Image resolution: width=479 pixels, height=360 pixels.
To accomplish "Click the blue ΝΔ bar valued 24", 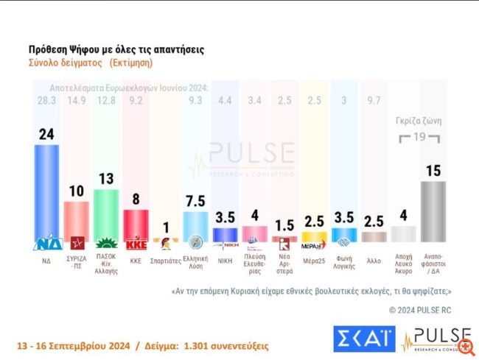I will click(x=47, y=193).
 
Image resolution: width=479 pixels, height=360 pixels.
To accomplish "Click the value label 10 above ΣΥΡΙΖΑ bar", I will click(x=77, y=191).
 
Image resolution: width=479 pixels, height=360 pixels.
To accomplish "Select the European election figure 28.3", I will click(x=46, y=101).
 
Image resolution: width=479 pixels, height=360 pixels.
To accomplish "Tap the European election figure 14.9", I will click(x=77, y=101).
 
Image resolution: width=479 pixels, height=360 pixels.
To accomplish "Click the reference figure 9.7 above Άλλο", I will click(x=374, y=101).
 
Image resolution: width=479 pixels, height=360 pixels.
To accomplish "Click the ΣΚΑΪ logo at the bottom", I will click(x=363, y=338).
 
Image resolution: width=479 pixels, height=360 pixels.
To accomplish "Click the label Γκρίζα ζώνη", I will click(x=416, y=123).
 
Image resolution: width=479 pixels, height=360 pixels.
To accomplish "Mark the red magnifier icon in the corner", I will click(x=464, y=345).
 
